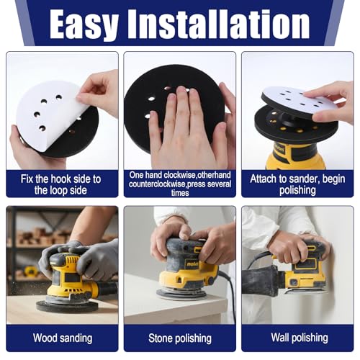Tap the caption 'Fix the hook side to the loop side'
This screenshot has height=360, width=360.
62,183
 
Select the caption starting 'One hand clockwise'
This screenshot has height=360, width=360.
179,183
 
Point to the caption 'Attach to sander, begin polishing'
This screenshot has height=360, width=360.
297,183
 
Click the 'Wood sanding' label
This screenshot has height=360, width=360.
62,338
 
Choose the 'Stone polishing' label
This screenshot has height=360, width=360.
179,338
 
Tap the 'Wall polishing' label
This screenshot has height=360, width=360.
297,338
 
